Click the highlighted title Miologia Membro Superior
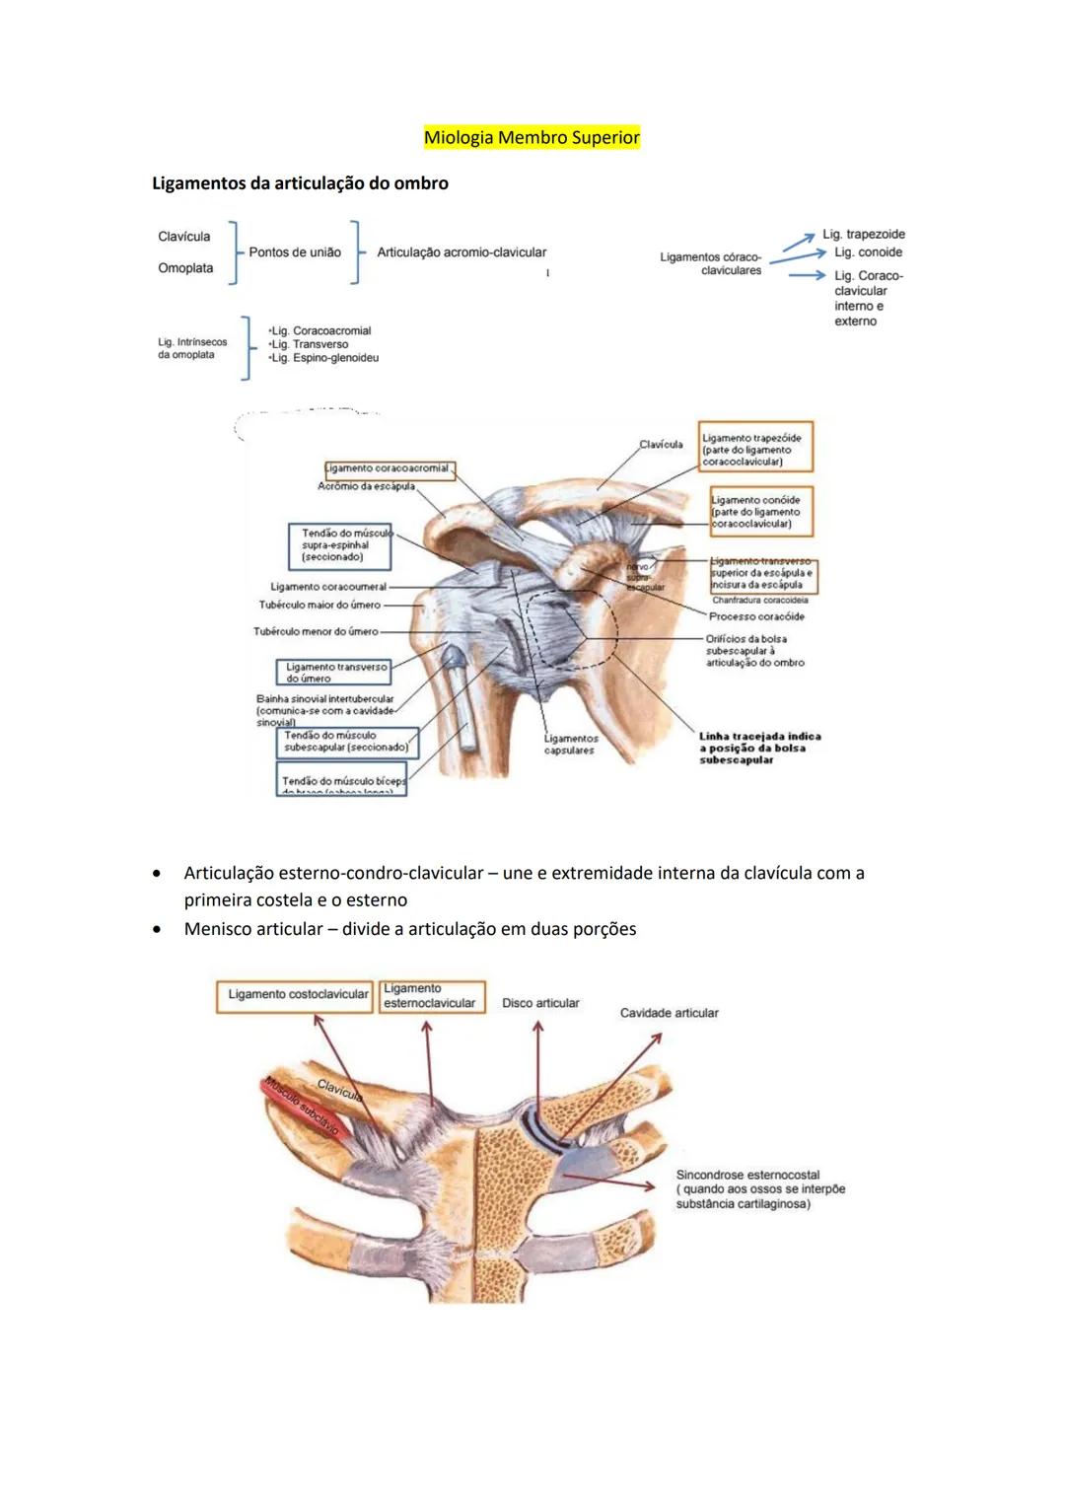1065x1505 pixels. (532, 138)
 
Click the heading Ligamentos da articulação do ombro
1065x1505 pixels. (300, 183)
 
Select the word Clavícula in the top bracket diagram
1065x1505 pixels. (184, 237)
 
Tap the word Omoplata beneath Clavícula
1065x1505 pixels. (185, 268)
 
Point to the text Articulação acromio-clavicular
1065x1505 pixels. (461, 252)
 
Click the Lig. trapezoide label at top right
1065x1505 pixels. (864, 235)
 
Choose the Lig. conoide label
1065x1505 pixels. (868, 252)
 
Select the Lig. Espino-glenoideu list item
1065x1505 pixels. (324, 358)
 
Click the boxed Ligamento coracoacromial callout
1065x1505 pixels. (390, 469)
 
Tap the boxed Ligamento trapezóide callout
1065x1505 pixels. (755, 449)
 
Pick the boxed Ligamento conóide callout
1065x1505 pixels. (760, 512)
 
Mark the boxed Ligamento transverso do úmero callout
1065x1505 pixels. (335, 673)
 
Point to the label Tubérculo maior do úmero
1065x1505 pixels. (319, 605)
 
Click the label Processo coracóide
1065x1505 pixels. (756, 616)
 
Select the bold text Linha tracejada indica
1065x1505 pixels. (759, 736)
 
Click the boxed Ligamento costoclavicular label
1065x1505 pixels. (297, 995)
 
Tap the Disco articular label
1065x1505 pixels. (540, 1003)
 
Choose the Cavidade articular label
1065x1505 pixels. (669, 1013)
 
